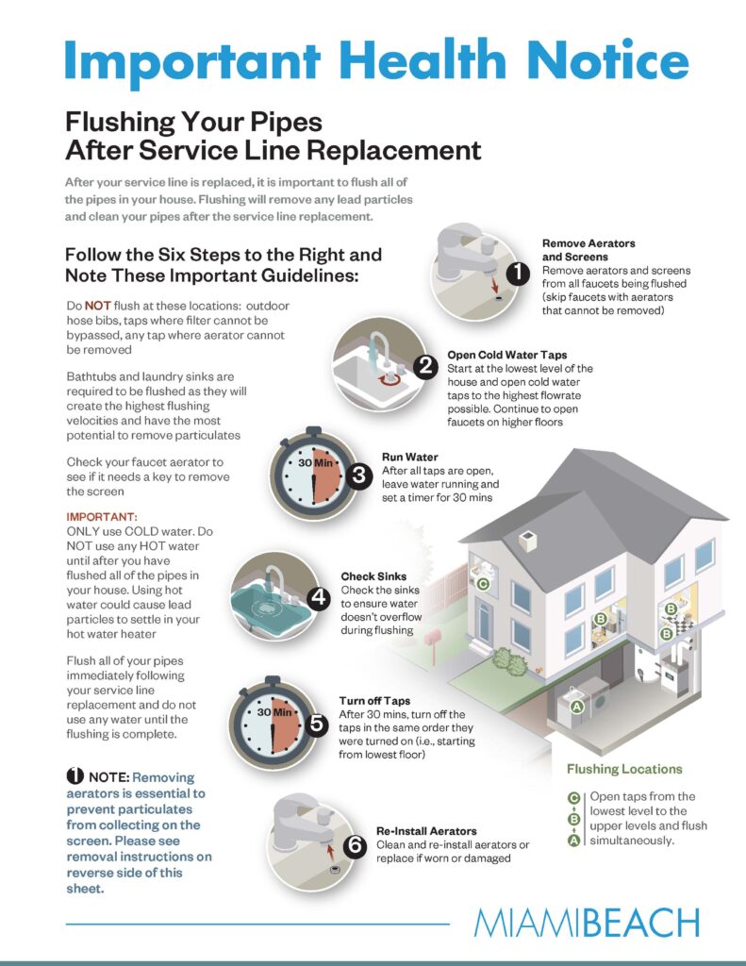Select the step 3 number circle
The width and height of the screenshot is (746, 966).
pyautogui.click(x=358, y=475)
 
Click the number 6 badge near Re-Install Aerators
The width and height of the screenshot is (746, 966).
pyautogui.click(x=356, y=846)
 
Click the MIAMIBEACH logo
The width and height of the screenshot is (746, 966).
pyautogui.click(x=587, y=923)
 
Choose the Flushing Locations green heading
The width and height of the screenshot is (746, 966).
pyautogui.click(x=624, y=769)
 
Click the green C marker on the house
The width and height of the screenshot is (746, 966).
pyautogui.click(x=483, y=585)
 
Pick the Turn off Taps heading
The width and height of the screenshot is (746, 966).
pyautogui.click(x=374, y=701)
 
